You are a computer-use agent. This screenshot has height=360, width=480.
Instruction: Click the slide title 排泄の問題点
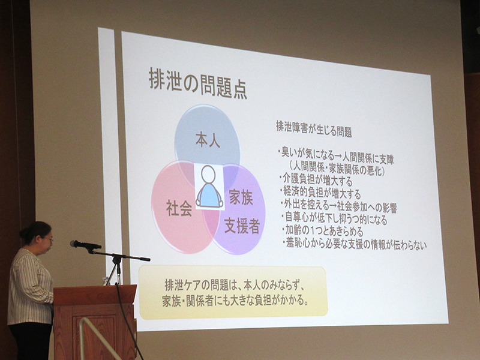coord(198,83)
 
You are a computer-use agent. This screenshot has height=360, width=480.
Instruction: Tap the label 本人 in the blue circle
coord(208,140)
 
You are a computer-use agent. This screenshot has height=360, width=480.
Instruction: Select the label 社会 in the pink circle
coord(179,208)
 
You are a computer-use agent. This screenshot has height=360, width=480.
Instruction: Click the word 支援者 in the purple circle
coord(242,226)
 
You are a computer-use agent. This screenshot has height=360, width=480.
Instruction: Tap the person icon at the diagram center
coord(209,187)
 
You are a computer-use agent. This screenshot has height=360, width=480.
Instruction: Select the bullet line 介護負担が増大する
coord(316,179)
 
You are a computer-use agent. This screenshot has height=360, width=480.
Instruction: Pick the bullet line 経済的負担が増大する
coord(320,193)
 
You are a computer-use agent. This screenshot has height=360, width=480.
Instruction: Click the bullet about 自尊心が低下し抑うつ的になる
coord(334,218)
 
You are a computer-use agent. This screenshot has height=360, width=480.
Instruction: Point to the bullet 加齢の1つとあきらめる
coord(323,230)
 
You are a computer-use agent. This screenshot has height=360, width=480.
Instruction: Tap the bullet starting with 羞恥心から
coord(355,244)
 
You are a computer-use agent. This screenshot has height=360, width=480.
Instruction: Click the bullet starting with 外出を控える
coord(338,206)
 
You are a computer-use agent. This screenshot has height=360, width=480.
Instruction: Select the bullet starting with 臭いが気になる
coord(336,155)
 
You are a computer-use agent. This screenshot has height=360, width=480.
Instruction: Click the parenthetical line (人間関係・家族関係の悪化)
coord(337,169)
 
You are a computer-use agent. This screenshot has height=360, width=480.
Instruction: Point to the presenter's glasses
coord(50,239)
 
